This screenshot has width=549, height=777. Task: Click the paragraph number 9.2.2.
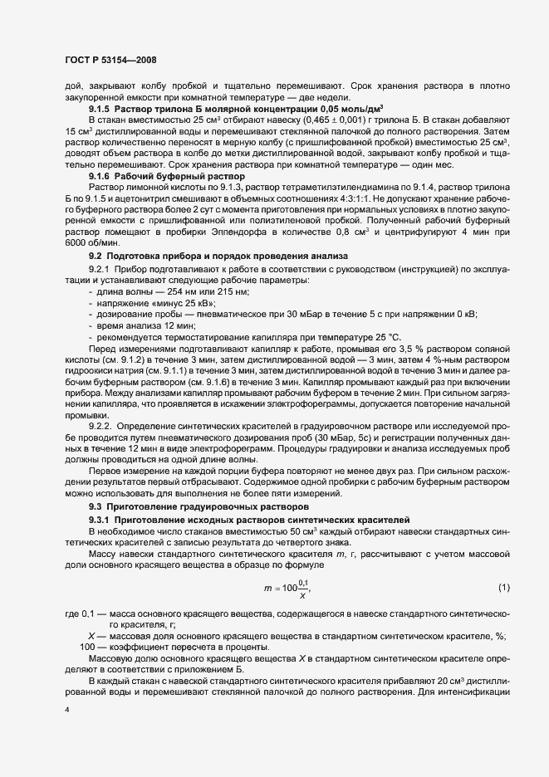click(x=101, y=426)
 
